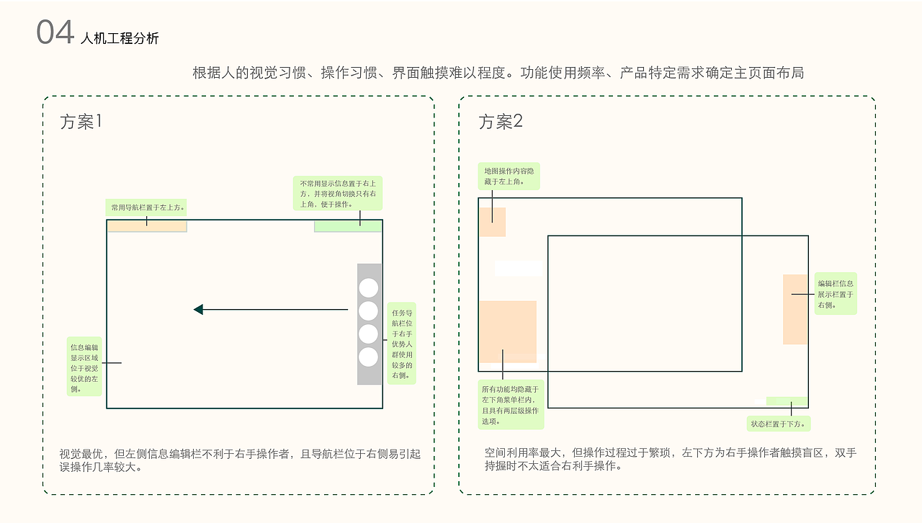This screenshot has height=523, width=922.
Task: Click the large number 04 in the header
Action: coord(55,33)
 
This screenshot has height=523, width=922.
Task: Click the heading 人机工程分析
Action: coord(120,38)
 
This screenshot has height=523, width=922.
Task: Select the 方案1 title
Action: coord(81,122)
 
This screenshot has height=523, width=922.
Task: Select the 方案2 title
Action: coord(501,122)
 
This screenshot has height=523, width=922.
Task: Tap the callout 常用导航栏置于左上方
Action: coord(147,207)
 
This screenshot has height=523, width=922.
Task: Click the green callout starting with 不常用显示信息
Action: coord(337,194)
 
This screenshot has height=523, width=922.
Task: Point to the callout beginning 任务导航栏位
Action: coord(401,344)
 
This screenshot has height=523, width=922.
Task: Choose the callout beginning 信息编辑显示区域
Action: coord(84,367)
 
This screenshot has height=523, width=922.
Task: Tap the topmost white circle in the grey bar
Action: coord(368,287)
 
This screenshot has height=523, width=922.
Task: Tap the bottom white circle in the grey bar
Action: coord(368,357)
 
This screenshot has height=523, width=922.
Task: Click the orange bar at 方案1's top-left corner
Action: coord(147,226)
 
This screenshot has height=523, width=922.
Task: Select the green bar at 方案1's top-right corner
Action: coord(348,226)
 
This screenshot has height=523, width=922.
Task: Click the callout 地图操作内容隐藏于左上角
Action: coord(509,176)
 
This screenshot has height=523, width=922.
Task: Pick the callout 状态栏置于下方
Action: coord(779,424)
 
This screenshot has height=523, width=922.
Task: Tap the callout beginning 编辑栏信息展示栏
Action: coord(836,294)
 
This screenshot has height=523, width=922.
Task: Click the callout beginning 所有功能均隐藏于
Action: coord(511,405)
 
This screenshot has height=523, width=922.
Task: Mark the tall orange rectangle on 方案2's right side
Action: coord(795,309)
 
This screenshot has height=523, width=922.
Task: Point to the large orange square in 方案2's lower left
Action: coord(508,331)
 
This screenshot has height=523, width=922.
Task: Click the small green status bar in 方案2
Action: coord(787,401)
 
